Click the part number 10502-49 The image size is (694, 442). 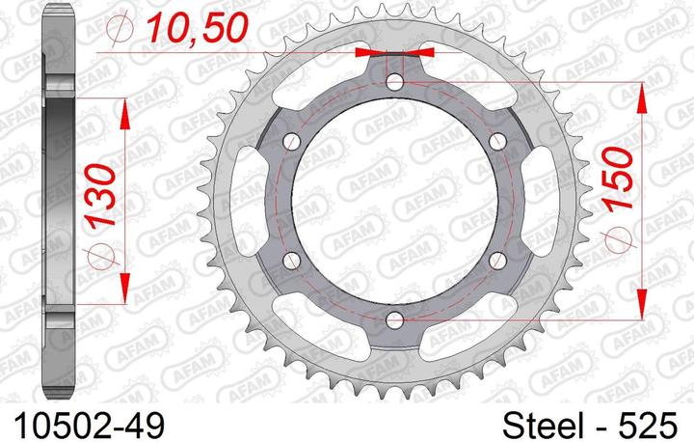(90, 426)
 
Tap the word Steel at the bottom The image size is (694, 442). (543, 426)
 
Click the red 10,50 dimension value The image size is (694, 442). (198, 29)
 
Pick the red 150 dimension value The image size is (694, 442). (618, 179)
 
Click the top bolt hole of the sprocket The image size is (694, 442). (395, 82)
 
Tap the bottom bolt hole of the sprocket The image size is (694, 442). (395, 319)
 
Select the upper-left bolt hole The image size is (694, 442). (292, 142)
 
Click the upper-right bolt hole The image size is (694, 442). (498, 142)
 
